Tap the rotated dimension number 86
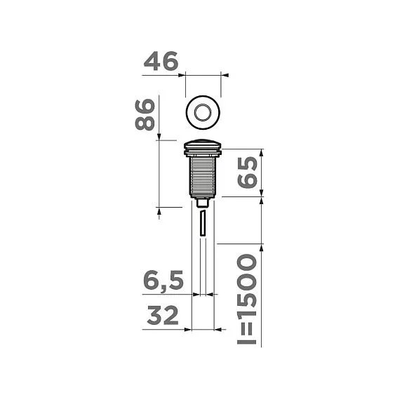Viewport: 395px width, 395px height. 145,115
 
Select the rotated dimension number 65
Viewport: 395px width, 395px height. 248,172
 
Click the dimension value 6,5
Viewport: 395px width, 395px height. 163,282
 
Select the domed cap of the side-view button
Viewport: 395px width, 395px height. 203,146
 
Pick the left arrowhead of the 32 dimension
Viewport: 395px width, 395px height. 188,328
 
